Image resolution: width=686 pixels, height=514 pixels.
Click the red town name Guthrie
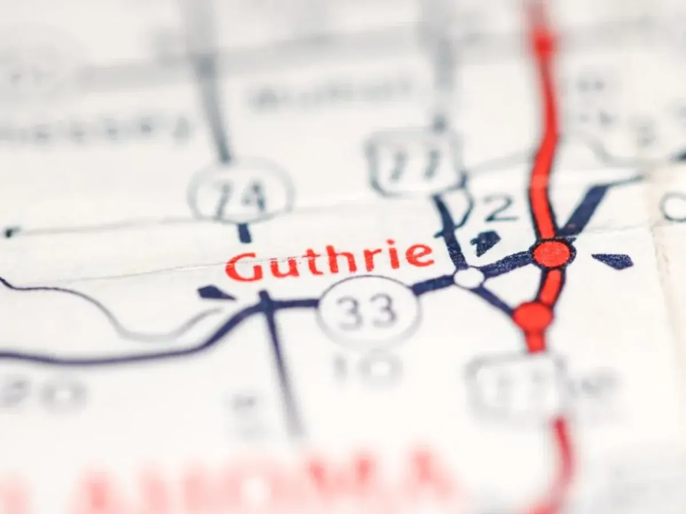[x=329, y=260]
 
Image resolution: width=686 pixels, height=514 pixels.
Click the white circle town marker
[x=469, y=278]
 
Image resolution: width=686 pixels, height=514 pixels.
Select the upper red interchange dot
[x=552, y=253]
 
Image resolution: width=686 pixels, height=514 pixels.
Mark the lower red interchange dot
[x=533, y=317]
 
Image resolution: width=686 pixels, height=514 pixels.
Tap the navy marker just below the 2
[x=486, y=242]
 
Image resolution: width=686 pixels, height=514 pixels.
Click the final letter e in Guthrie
[x=422, y=255]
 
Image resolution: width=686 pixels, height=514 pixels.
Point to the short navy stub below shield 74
[x=245, y=232]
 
